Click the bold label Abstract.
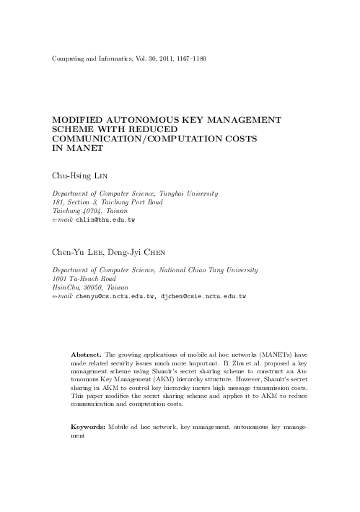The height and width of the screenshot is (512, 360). pos(86,356)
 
